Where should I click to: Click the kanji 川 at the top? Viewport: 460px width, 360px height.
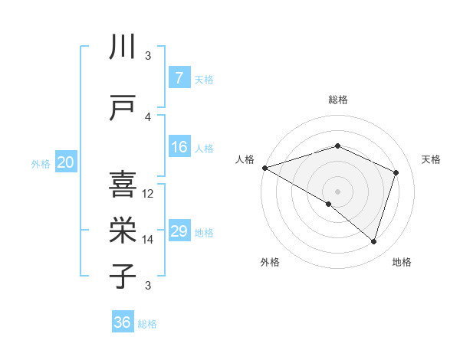pyautogui.click(x=123, y=48)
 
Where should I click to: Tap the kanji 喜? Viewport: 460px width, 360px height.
pyautogui.click(x=123, y=185)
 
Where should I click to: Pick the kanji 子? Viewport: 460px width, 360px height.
pyautogui.click(x=123, y=276)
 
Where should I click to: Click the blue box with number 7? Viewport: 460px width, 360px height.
pyautogui.click(x=179, y=78)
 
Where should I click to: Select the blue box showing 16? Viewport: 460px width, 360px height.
pyautogui.click(x=179, y=147)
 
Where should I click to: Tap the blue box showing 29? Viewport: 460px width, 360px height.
pyautogui.click(x=179, y=231)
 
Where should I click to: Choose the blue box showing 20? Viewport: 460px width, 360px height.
pyautogui.click(x=66, y=162)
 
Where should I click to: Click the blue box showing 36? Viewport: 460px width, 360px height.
pyautogui.click(x=122, y=322)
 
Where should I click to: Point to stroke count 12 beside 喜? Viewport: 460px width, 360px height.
pyautogui.click(x=149, y=194)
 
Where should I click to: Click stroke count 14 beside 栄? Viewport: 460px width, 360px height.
pyautogui.click(x=149, y=240)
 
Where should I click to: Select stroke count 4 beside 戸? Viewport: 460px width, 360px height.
pyautogui.click(x=149, y=117)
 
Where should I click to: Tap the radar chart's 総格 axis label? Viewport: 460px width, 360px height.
pyautogui.click(x=337, y=100)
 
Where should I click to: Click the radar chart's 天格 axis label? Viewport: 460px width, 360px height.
pyautogui.click(x=431, y=159)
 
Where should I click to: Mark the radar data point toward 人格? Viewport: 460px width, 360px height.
pyautogui.click(x=264, y=167)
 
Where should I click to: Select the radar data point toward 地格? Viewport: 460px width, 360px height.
pyautogui.click(x=373, y=241)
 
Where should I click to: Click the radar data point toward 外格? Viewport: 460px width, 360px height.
pyautogui.click(x=329, y=204)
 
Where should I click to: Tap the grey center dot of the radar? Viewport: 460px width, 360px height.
pyautogui.click(x=337, y=191)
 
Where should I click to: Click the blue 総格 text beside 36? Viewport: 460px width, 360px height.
pyautogui.click(x=147, y=324)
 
